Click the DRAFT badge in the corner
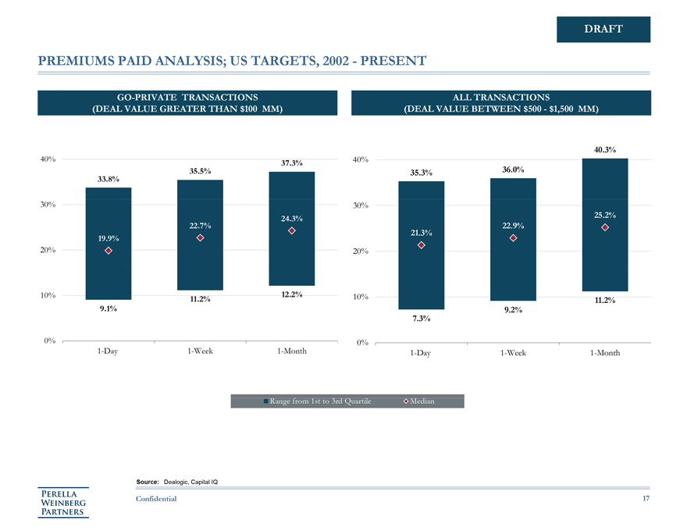click(603, 29)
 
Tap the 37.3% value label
click(291, 163)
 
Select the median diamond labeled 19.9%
click(109, 250)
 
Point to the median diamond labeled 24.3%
click(291, 230)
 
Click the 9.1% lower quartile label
click(109, 308)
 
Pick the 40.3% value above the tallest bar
click(605, 149)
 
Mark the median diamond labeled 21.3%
click(421, 245)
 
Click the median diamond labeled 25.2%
click(605, 227)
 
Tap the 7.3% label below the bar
click(421, 319)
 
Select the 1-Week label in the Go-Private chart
click(200, 351)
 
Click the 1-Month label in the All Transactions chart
click(605, 353)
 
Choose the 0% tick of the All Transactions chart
click(361, 344)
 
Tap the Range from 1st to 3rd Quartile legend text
click(320, 401)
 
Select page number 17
click(646, 498)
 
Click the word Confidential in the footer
click(156, 498)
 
